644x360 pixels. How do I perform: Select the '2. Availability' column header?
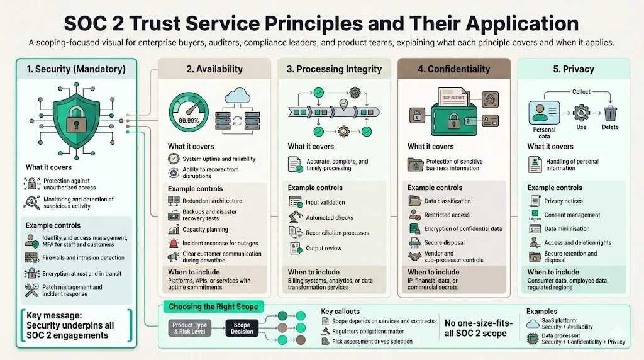coord(214,69)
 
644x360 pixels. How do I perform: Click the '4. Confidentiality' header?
coord(454,69)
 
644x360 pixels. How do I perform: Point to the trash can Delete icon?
coord(611,113)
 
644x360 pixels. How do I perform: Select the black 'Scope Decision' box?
coord(242,328)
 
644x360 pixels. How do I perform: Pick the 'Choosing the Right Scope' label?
coord(212,307)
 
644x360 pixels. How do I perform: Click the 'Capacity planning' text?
coord(205,230)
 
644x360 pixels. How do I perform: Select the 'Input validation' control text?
coord(325,202)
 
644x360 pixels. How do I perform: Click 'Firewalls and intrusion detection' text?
coord(83,257)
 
